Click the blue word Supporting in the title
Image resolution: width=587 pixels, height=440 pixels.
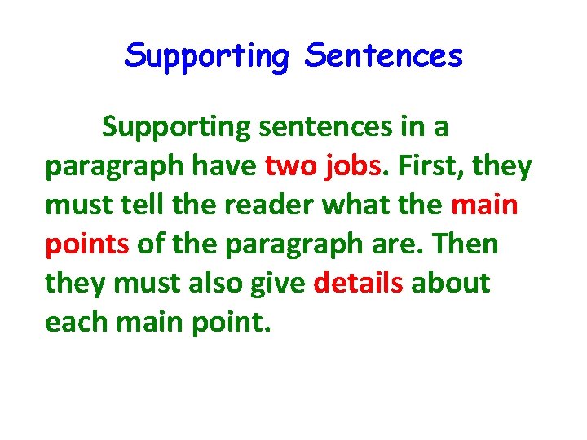pos(207,57)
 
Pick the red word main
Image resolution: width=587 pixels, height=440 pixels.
pos(483,205)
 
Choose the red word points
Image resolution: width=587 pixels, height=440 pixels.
pos(87,244)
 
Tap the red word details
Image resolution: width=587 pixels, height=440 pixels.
pos(358,283)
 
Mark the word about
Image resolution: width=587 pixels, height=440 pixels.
pos(450,283)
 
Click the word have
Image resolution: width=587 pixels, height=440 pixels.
pos(223,166)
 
